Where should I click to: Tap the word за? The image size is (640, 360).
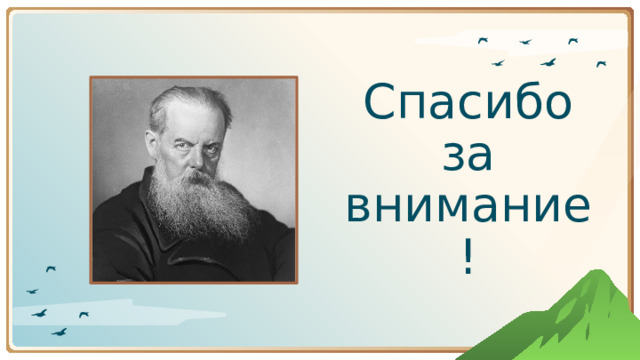pos(468,157)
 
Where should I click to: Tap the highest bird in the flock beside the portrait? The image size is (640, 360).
pos(51,268)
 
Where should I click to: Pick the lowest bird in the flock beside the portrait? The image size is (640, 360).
pos(60,331)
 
